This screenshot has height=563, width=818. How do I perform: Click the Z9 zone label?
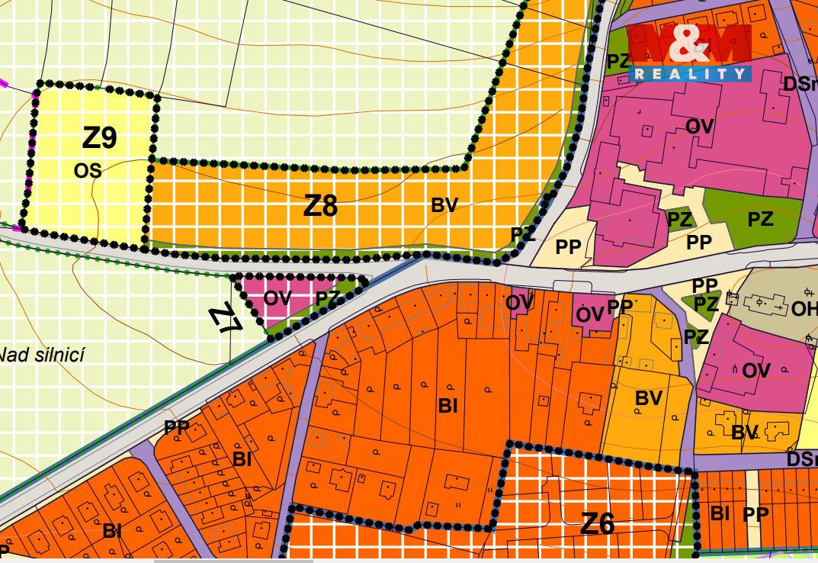point(99,138)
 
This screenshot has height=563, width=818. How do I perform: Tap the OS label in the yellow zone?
point(88,170)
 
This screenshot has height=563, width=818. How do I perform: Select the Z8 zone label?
point(320,206)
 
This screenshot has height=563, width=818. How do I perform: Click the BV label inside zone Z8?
point(444,204)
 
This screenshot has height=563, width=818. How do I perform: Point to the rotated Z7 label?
point(227,317)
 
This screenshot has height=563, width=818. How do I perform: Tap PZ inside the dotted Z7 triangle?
point(327,298)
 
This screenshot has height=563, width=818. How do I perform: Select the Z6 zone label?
point(597,523)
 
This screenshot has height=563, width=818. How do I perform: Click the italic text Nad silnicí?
point(42,354)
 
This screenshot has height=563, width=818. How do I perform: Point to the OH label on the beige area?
point(804,309)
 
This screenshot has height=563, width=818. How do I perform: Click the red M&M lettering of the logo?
point(688,44)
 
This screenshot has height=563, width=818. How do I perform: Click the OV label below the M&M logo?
point(699,126)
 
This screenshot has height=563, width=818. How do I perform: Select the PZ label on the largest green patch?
point(760,220)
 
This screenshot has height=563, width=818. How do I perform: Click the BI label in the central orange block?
point(447,406)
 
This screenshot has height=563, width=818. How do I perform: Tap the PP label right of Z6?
point(755,514)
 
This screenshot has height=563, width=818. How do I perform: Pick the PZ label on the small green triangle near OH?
point(706,304)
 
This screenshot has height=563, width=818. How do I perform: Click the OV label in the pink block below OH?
point(756,371)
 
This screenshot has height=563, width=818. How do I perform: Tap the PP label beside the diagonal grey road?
point(177,427)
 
